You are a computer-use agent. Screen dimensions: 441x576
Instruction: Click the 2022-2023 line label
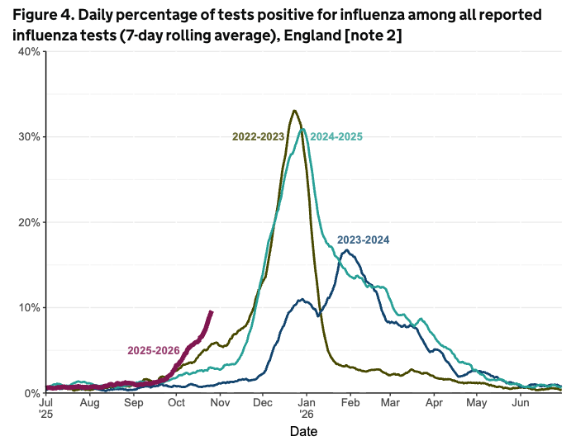tap(258, 137)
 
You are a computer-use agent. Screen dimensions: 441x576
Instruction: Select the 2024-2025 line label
tap(336, 137)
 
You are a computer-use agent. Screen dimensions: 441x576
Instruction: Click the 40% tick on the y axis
tap(30, 51)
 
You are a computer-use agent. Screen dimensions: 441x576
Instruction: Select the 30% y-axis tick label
tap(30, 136)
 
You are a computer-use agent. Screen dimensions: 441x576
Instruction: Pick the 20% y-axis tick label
tap(30, 222)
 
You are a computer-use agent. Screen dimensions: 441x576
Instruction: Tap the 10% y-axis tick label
tap(30, 307)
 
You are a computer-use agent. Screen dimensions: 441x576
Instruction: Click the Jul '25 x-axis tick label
tap(46, 409)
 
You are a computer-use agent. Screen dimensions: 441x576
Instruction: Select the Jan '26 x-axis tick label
tap(306, 409)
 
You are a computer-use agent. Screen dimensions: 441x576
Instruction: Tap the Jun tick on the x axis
tap(521, 404)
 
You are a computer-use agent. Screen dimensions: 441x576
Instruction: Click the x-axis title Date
tap(303, 431)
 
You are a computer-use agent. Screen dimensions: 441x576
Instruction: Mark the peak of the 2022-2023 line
tap(294, 111)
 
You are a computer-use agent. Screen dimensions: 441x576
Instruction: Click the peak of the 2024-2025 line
tap(302, 129)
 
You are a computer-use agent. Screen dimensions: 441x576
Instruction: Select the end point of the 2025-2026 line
tap(212, 311)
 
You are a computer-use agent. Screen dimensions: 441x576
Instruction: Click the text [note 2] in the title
tap(368, 37)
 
